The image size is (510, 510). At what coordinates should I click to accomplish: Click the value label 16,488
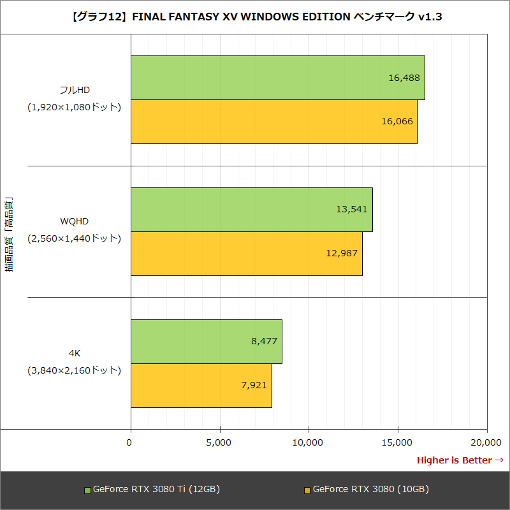click(404, 78)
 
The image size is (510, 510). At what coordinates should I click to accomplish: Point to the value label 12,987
click(342, 253)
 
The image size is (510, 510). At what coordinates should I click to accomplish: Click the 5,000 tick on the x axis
click(219, 442)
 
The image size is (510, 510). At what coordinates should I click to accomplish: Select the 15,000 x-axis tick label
click(398, 442)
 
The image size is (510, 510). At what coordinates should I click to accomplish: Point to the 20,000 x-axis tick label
click(487, 442)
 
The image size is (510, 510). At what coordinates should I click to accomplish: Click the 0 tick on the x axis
click(130, 442)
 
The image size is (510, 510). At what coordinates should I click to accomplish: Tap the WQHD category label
click(74, 221)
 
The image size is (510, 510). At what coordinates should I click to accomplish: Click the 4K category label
click(74, 353)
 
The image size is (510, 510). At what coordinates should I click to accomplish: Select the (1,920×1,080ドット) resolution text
click(74, 107)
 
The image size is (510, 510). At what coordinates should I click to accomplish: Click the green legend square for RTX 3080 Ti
click(88, 490)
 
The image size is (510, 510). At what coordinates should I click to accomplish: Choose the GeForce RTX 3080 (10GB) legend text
click(370, 490)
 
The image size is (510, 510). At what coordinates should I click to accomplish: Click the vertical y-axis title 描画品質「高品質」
click(10, 235)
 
